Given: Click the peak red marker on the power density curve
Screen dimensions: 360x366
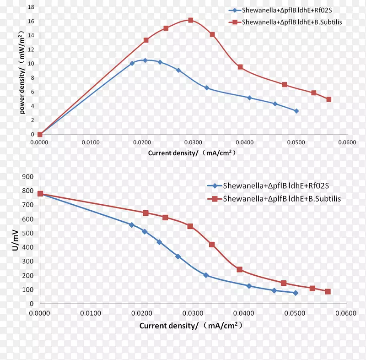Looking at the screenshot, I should (190, 20).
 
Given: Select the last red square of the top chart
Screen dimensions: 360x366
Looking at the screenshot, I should (328, 99).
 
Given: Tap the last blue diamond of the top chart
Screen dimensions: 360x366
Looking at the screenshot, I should (296, 111).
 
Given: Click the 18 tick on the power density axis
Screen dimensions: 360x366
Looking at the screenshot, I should (31, 7).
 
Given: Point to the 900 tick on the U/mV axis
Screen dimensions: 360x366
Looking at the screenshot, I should (28, 177).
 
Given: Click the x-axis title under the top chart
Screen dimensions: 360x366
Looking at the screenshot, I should (192, 153).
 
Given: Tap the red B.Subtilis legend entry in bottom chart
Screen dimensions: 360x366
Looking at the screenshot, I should (274, 199).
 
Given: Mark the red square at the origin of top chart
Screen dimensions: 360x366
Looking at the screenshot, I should (40, 134).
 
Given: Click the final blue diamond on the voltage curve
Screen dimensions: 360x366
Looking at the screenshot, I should (296, 293).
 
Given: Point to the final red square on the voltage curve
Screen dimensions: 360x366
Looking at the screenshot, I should (328, 291).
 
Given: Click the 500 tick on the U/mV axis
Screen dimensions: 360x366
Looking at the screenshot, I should (28, 233).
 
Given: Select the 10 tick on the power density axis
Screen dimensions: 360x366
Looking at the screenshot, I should (31, 64).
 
